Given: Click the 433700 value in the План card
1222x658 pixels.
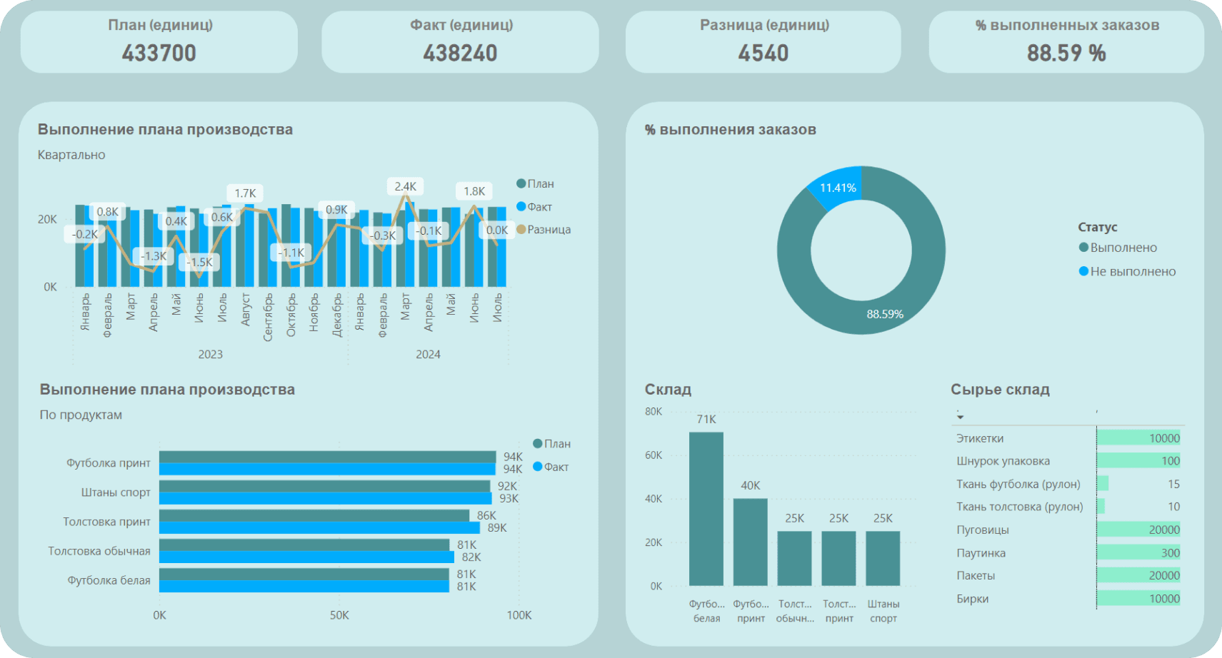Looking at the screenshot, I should tap(159, 53).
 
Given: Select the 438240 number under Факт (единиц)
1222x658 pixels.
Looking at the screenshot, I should tap(460, 53).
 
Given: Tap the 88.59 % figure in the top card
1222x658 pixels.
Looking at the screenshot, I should tap(1066, 53).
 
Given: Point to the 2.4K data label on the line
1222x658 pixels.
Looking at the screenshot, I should tap(405, 186).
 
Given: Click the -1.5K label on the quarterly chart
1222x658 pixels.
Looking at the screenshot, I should tap(199, 262).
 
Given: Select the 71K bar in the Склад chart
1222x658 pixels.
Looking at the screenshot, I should tap(706, 508).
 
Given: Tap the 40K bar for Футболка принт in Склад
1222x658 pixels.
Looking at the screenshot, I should tap(750, 542).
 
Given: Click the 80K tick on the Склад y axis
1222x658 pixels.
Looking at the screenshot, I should tap(653, 412).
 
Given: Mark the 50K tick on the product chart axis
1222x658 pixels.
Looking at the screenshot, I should tap(339, 615).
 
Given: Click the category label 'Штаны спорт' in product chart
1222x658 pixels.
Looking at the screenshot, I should tap(116, 492).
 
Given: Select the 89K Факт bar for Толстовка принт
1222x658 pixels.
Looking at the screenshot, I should tap(319, 528).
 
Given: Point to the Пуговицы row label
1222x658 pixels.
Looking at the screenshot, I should tap(983, 530).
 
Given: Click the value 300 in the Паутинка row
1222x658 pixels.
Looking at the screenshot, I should tap(1170, 552).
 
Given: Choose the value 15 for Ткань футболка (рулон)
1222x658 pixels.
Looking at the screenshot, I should tap(1173, 484).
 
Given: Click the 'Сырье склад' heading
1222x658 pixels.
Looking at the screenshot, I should tap(1000, 390).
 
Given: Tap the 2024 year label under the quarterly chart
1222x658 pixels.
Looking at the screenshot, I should tap(428, 355).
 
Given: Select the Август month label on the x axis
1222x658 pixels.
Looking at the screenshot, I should tap(246, 309).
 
